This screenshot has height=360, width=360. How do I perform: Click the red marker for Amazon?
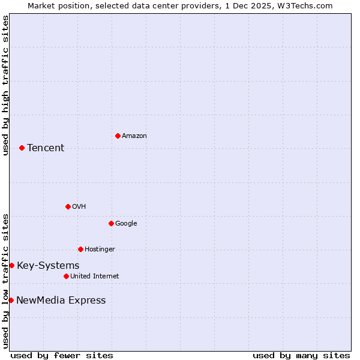(118, 136)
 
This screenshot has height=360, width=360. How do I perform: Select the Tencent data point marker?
(22, 148)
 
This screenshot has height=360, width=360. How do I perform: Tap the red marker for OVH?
(68, 206)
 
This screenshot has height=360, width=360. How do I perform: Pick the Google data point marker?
(111, 223)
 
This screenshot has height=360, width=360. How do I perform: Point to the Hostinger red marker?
(80, 249)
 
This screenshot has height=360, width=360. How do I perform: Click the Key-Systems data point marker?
(11, 265)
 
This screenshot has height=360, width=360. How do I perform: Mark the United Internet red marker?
(66, 276)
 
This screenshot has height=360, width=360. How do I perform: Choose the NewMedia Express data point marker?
(11, 300)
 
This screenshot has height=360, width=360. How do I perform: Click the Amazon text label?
(134, 136)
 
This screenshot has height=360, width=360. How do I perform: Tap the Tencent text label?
(46, 148)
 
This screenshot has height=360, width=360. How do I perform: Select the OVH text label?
(79, 207)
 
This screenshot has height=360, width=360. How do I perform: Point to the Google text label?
(126, 224)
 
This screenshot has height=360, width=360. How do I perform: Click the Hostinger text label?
(100, 250)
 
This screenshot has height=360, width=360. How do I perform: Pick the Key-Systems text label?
(48, 266)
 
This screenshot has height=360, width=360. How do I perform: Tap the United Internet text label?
(95, 277)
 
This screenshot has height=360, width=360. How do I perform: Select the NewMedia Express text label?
(61, 301)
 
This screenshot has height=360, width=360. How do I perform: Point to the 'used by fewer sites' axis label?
(62, 355)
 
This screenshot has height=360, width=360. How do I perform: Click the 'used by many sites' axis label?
(301, 355)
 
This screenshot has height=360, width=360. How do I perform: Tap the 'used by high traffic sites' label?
(5, 85)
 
